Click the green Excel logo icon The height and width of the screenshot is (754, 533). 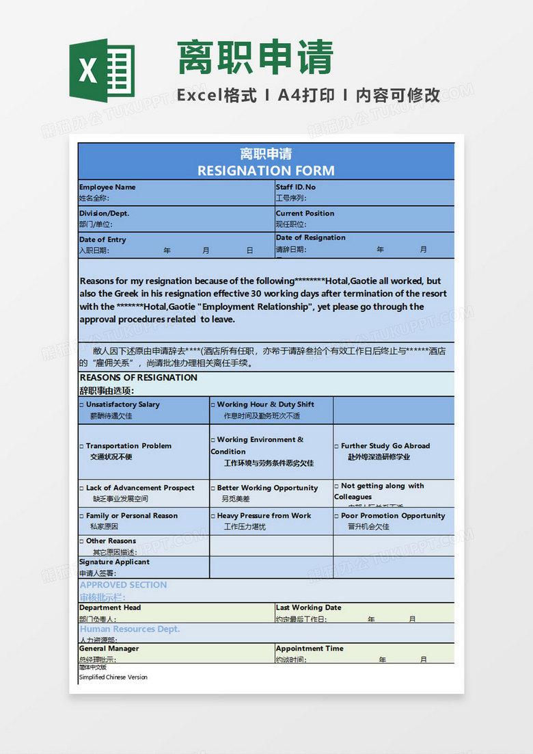pyautogui.click(x=102, y=70)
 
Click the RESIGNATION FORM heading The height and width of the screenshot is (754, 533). pyautogui.click(x=266, y=170)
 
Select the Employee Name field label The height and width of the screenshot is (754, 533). pyautogui.click(x=107, y=187)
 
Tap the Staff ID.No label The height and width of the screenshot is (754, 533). pyautogui.click(x=295, y=187)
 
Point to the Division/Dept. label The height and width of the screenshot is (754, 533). pyautogui.click(x=104, y=213)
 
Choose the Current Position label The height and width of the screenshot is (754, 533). pyautogui.click(x=305, y=213)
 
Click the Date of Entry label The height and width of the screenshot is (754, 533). pyautogui.click(x=102, y=239)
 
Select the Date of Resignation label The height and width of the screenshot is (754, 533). pyautogui.click(x=310, y=237)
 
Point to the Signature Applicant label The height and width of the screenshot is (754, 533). pyautogui.click(x=114, y=562)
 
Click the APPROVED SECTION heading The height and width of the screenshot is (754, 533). pyautogui.click(x=123, y=585)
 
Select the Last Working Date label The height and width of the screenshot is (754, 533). pyautogui.click(x=308, y=608)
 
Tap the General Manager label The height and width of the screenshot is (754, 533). pyautogui.click(x=109, y=648)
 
